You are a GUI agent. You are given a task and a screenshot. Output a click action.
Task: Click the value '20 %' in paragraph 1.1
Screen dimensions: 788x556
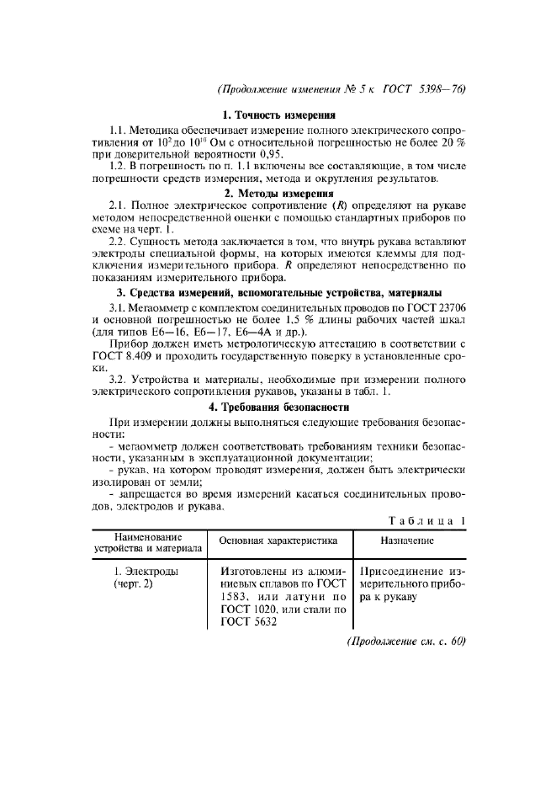(x=453, y=143)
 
